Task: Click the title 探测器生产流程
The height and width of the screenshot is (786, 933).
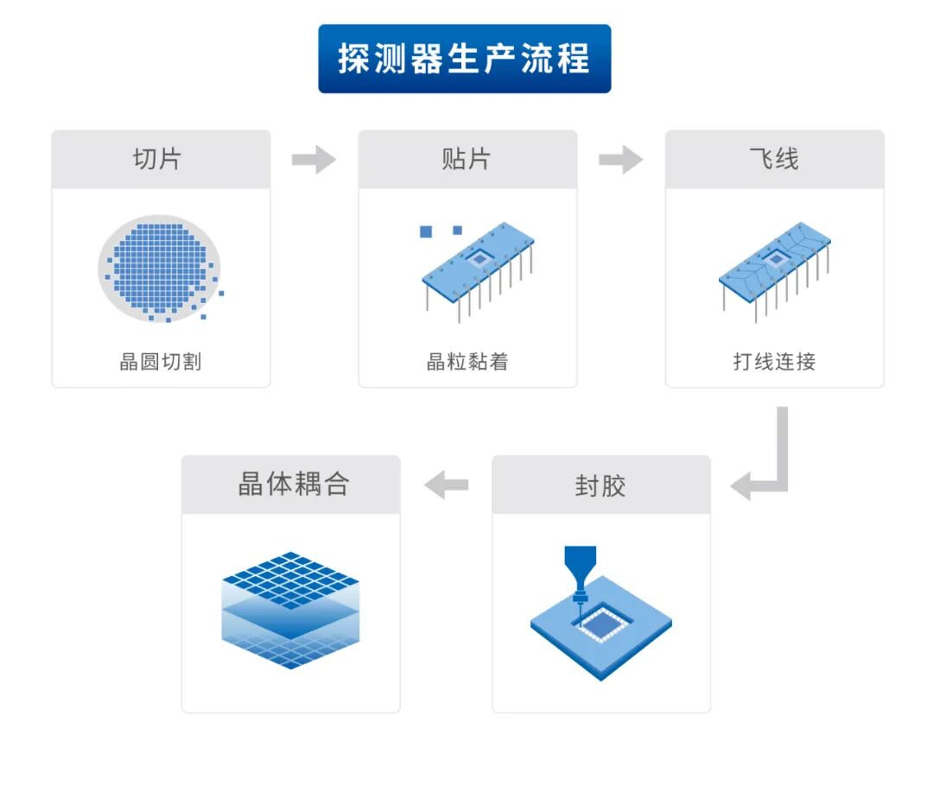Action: (464, 59)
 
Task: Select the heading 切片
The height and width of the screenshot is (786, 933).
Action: (157, 159)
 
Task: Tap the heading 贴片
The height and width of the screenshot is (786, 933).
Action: (466, 159)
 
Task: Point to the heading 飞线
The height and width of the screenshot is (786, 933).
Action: (774, 159)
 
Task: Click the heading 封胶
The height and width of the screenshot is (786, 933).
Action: (600, 485)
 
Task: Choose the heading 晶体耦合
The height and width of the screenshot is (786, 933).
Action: (294, 484)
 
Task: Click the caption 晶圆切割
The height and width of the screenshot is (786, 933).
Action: (161, 361)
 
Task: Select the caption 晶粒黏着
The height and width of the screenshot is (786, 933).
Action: (467, 361)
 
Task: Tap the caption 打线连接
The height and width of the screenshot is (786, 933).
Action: (774, 361)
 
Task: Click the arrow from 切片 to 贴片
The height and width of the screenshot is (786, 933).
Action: (314, 160)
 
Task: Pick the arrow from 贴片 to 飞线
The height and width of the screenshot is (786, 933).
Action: (620, 160)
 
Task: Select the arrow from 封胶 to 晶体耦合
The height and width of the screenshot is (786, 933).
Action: (447, 485)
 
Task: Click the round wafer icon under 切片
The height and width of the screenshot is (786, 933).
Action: (160, 269)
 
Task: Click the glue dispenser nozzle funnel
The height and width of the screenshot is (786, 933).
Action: (581, 568)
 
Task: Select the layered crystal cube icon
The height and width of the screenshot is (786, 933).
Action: (290, 610)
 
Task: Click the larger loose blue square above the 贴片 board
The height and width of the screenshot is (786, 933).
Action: (426, 231)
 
